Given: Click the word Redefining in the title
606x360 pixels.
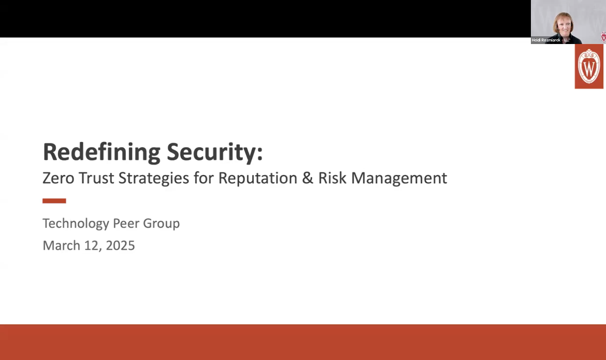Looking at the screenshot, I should [102, 152].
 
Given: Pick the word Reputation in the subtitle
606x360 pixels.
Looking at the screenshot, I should [257, 178].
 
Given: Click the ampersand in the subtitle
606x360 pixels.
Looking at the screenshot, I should [307, 178].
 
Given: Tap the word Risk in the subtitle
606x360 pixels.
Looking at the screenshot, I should [333, 178].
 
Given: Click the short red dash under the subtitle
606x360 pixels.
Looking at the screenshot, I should [54, 200].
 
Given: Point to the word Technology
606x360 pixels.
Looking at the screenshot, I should [75, 224].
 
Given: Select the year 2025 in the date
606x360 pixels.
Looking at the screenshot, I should [120, 246].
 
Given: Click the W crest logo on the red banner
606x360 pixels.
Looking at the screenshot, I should [589, 66].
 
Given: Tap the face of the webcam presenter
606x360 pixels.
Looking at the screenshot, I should [562, 23].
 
